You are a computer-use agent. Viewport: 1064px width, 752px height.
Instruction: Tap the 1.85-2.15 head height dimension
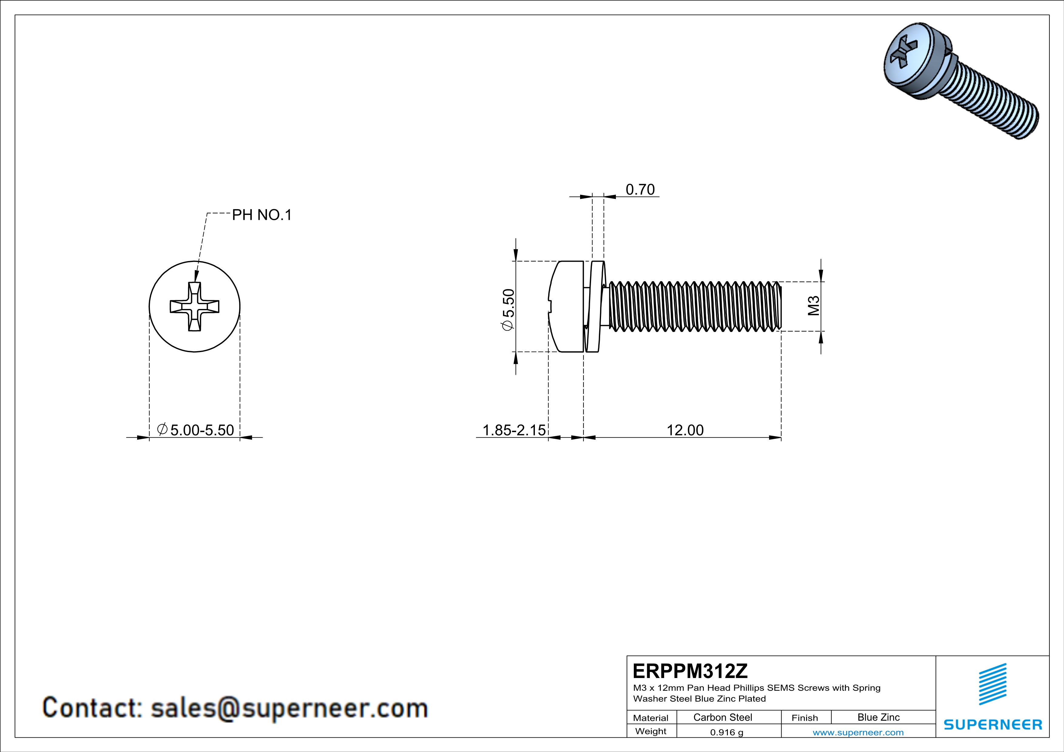tap(514, 430)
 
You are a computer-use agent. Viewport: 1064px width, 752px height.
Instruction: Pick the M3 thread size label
tap(814, 306)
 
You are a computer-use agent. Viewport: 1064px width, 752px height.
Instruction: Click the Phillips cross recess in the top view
tap(195, 307)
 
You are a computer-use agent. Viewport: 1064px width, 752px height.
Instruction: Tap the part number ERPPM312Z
tap(690, 671)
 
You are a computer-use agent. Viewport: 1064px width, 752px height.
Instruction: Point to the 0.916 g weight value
tap(727, 732)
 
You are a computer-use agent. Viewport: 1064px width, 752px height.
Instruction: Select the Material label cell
tap(651, 718)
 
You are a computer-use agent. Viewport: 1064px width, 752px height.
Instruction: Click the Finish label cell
tap(805, 718)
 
